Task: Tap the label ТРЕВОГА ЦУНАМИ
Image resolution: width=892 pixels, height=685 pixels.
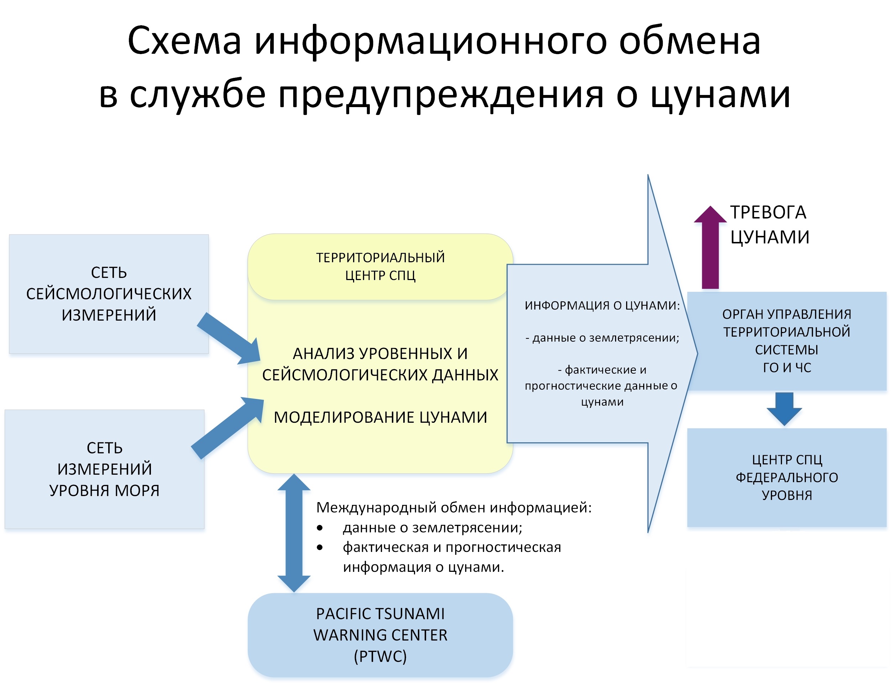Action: (769, 224)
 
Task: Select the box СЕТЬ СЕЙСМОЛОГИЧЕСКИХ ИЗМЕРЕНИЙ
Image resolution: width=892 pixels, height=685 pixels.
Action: (109, 294)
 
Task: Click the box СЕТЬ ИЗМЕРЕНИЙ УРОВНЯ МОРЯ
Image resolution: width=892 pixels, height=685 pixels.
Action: (104, 469)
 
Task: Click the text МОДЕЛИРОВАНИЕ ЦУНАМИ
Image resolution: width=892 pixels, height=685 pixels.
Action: (380, 417)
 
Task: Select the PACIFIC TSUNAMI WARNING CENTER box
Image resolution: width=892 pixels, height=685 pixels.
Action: (380, 635)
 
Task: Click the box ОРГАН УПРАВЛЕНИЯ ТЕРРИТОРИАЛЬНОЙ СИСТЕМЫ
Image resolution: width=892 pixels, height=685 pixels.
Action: (786, 341)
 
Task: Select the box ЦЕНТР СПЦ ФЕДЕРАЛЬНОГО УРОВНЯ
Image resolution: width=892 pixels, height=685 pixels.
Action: (786, 477)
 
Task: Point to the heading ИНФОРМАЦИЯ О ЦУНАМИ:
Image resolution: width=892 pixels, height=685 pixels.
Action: (602, 305)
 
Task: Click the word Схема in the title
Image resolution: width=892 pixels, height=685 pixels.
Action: (184, 41)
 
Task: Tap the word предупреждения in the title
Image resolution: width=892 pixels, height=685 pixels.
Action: (441, 95)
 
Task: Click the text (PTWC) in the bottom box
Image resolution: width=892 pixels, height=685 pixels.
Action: (380, 657)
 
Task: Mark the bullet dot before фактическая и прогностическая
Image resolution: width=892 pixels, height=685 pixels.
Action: (320, 548)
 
